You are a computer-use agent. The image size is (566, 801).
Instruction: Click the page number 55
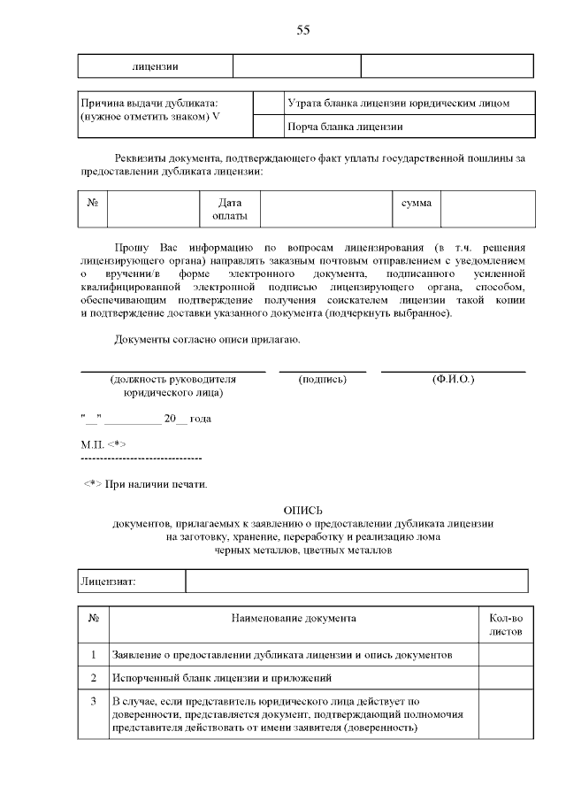pos(303,30)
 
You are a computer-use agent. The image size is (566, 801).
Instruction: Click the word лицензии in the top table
pos(156,66)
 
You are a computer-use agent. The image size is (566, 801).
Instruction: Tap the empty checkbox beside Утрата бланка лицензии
pos(268,104)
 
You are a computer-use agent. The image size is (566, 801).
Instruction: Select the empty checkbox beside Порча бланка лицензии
pos(268,127)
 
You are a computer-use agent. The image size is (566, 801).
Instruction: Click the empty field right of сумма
pos(488,210)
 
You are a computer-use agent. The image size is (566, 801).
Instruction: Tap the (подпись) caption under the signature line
pos(323,379)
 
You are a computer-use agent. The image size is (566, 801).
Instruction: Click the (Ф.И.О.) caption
pos(453,379)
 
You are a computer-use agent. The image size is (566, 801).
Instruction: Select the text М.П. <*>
pos(103,443)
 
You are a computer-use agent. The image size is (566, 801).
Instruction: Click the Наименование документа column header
pos(294,617)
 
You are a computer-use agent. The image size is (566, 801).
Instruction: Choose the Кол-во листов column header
pos(506,624)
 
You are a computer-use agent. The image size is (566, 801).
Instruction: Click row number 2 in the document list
pos(93,678)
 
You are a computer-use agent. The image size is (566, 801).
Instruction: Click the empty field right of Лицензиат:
pos(356,581)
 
